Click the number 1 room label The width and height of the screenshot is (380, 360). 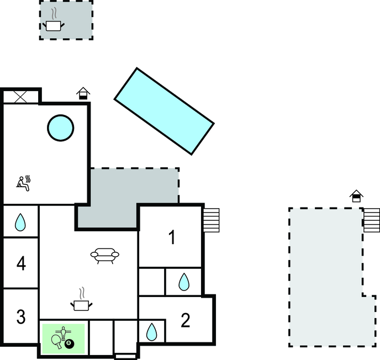(172, 237)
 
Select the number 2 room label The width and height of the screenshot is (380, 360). (186, 320)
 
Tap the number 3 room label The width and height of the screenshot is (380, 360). (21, 316)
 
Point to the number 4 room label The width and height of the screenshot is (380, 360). (21, 263)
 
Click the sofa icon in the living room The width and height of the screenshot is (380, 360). (105, 256)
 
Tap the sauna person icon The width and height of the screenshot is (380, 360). (24, 183)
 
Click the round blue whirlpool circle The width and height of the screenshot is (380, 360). (61, 128)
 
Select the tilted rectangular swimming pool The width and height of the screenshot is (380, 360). (164, 111)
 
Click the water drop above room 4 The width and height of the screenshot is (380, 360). (20, 222)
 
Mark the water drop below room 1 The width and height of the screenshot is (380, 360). (184, 282)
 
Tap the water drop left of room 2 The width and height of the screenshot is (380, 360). (152, 332)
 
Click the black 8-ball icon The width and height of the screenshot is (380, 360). (69, 343)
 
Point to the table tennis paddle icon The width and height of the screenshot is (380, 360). (57, 341)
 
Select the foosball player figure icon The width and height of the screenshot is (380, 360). (64, 333)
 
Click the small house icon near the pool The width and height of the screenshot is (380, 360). (83, 93)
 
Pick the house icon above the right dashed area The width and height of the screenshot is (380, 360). (356, 196)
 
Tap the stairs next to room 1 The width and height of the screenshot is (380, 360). (211, 220)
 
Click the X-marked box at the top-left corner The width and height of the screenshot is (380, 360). (20, 97)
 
